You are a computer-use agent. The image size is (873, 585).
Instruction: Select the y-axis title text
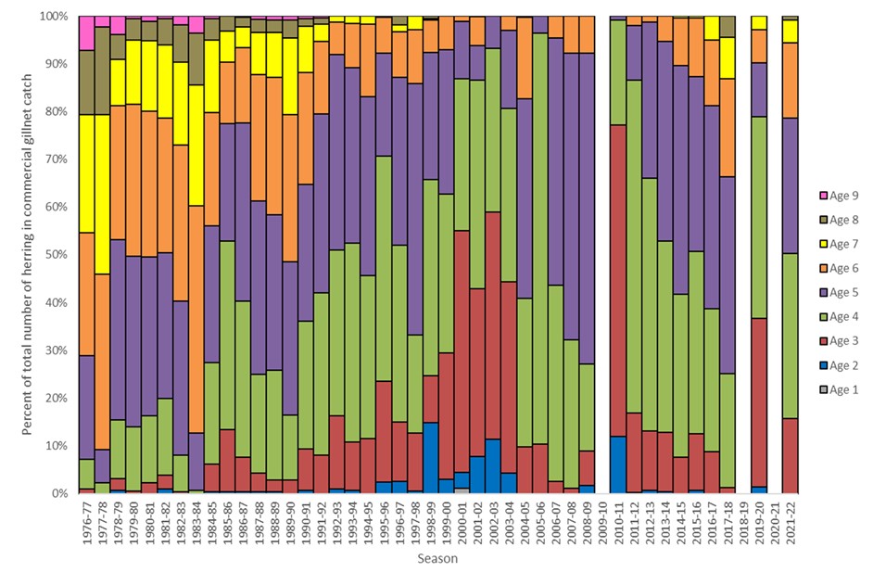pos(30,255)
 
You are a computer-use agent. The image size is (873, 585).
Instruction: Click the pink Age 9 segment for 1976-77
pos(87,32)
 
